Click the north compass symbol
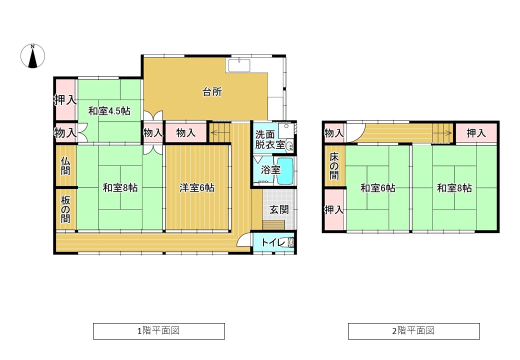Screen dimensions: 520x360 [32, 56]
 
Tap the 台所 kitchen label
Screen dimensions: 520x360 [212, 92]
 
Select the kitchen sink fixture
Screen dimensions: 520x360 [239, 65]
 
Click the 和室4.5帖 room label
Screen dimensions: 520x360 [109, 110]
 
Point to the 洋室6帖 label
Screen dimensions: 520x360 [196, 187]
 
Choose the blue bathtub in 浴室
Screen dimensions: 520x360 [285, 171]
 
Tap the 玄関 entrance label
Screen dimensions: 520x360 [278, 209]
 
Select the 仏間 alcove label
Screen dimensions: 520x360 [65, 165]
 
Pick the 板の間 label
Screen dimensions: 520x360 [65, 209]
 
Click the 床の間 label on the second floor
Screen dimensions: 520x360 [334, 166]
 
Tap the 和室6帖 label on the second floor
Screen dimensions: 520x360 [377, 188]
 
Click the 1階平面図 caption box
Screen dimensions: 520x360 [159, 331]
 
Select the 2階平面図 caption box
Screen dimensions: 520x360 [414, 331]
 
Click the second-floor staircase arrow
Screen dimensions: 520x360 [442, 133]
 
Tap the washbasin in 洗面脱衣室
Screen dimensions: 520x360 [289, 146]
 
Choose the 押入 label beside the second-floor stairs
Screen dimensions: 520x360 [476, 133]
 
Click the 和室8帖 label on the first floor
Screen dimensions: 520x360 [120, 187]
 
